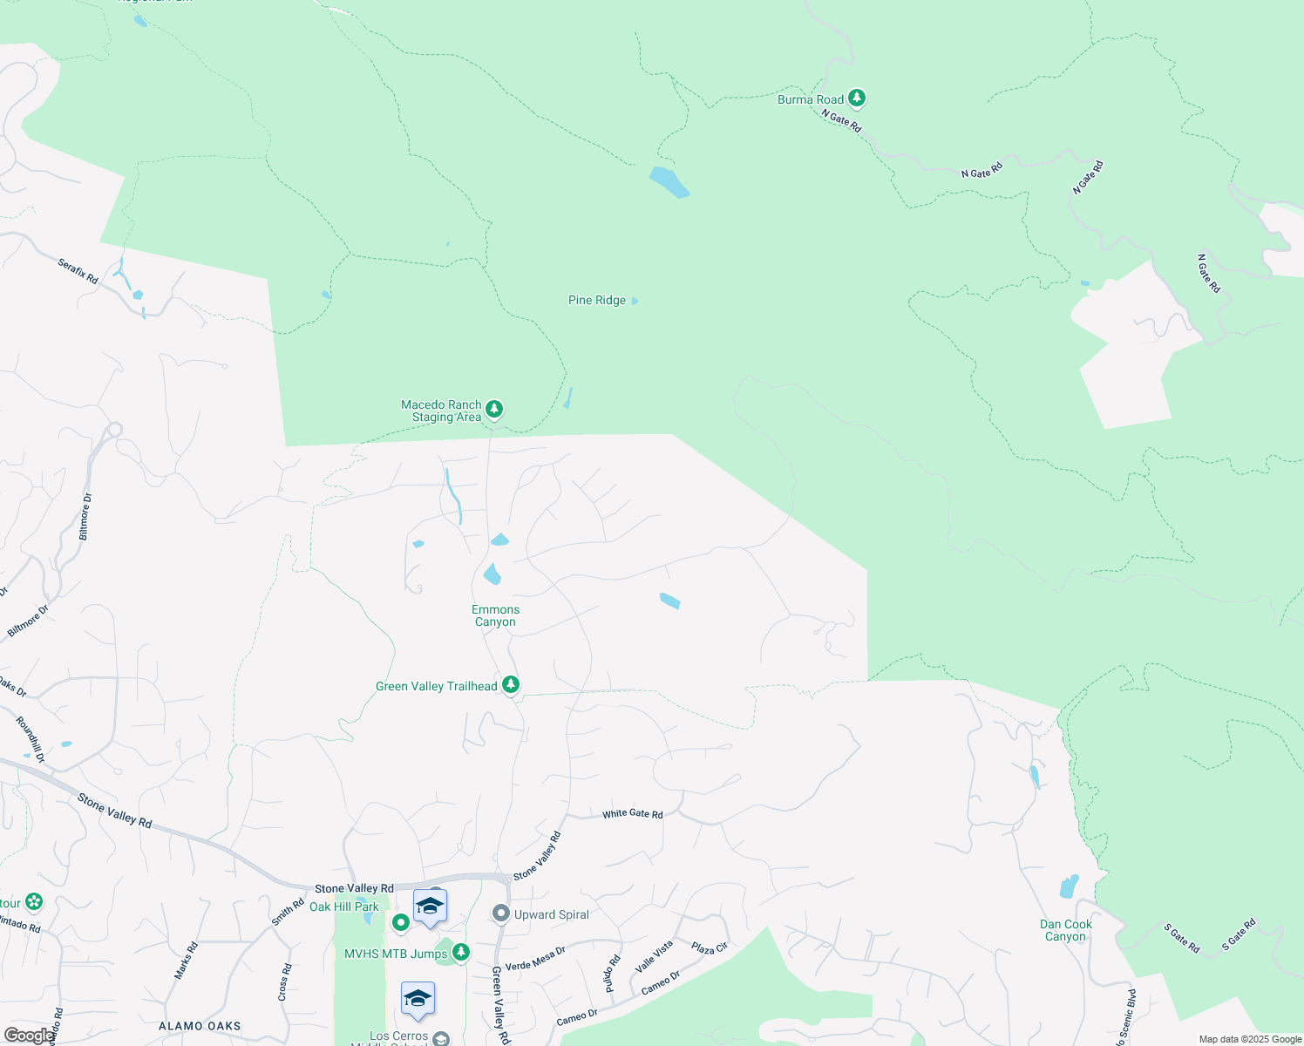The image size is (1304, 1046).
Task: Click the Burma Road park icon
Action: point(857,98)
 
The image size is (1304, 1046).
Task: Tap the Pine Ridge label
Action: point(597,301)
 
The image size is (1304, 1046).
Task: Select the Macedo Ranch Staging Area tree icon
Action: point(494,409)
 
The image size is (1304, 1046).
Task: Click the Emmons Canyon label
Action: point(495,615)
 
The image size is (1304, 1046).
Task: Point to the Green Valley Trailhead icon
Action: point(511,685)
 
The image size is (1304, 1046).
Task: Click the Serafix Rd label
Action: point(78,270)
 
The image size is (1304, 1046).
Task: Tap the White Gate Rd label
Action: point(633,814)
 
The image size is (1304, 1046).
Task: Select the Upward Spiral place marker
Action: point(501,914)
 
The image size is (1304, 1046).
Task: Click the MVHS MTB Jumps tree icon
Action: point(461,953)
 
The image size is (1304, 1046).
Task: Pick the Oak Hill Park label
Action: point(344,907)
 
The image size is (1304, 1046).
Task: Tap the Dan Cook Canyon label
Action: point(1065,930)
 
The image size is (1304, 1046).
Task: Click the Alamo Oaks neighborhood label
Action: point(200,1026)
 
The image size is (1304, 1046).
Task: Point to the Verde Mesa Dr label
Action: point(535,959)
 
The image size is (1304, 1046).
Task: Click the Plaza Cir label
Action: point(709,948)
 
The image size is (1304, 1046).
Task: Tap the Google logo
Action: point(28,1036)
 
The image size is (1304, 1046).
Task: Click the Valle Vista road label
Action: point(654,956)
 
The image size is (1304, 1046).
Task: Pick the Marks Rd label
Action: point(183,961)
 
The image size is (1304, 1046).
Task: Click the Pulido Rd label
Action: point(612,973)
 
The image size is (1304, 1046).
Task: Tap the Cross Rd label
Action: point(285,981)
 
